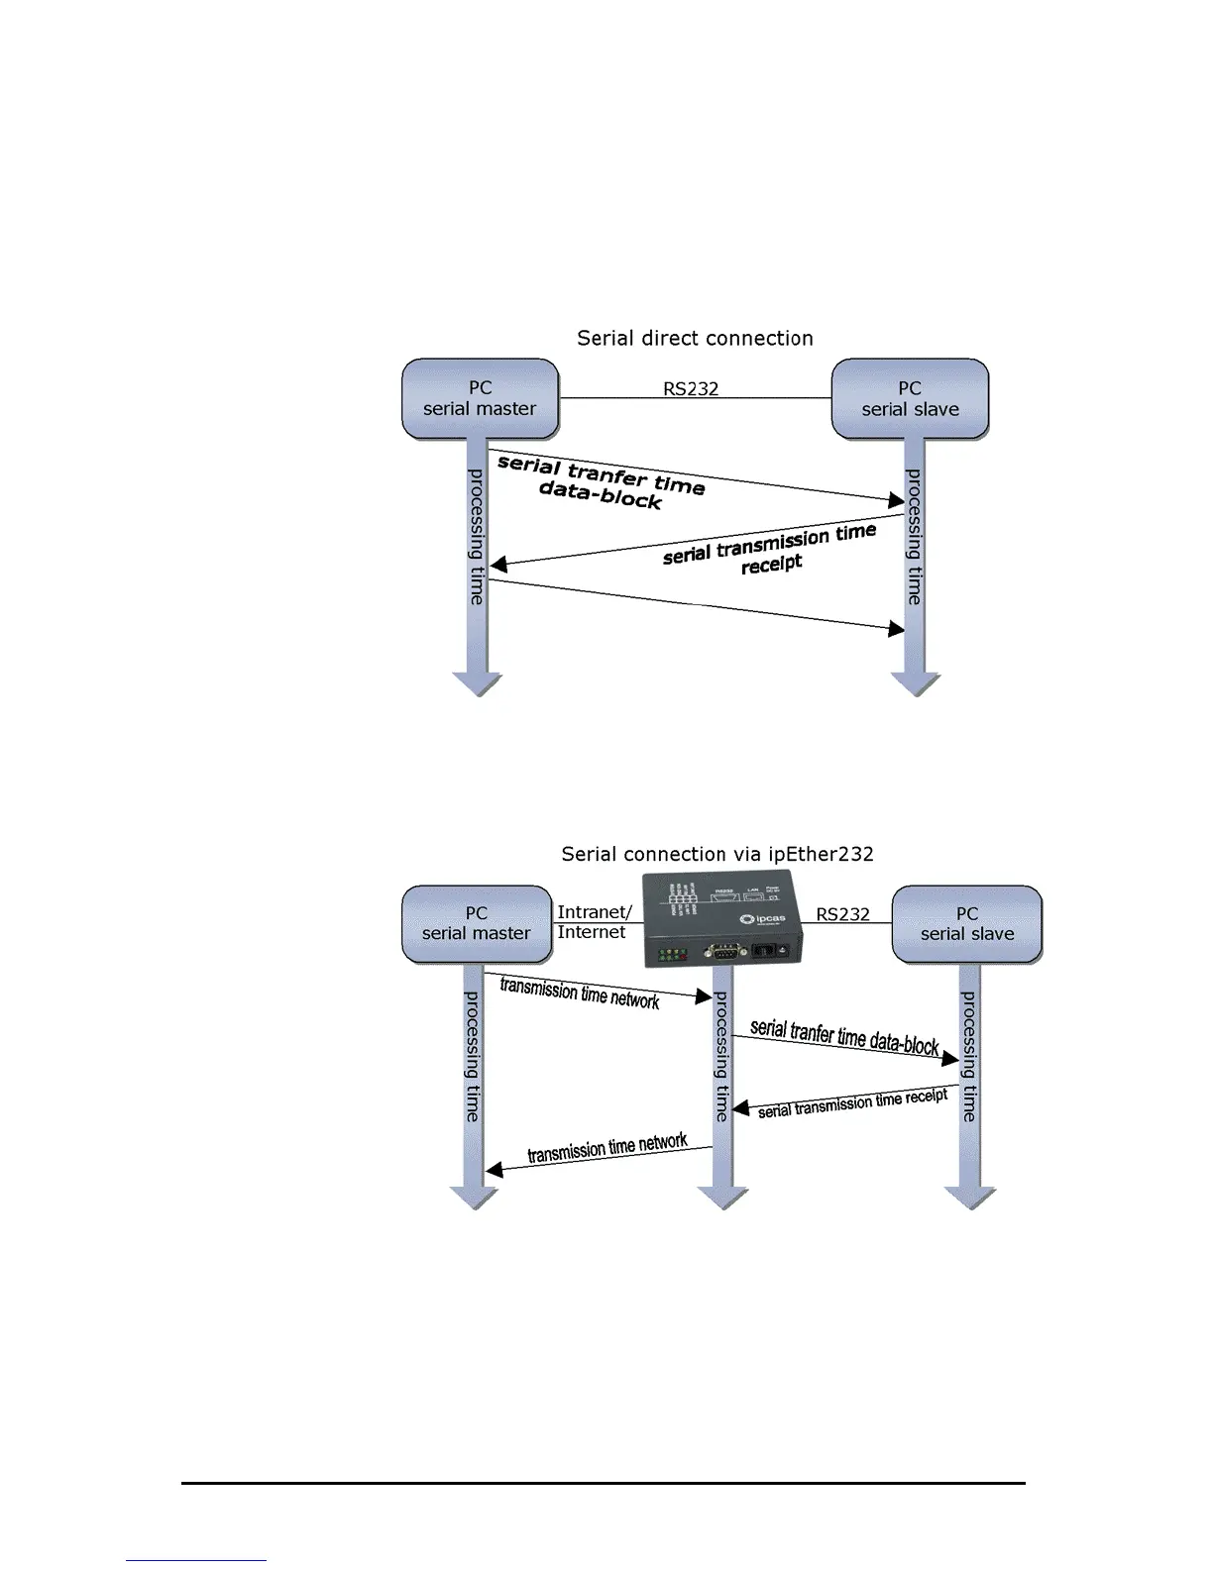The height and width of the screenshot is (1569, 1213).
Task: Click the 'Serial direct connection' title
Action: pos(695,339)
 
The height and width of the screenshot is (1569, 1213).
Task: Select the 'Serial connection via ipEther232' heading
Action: pos(717,854)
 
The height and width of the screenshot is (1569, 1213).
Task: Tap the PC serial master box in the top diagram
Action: pos(481,398)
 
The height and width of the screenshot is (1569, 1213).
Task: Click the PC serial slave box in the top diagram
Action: pos(910,398)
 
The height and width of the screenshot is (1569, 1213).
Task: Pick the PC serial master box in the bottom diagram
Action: pos(477,924)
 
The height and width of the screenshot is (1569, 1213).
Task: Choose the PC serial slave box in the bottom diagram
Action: pos(967,924)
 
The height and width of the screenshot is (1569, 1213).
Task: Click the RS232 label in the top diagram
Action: pos(691,388)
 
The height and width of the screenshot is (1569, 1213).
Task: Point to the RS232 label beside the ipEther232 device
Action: pos(842,914)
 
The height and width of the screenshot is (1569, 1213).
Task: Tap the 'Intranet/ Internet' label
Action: pos(594,922)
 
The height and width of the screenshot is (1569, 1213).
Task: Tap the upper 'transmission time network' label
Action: pos(580,993)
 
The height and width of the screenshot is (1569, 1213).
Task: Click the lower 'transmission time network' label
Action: pos(607,1148)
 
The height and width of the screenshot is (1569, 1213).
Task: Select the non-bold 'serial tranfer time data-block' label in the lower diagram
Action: pos(844,1036)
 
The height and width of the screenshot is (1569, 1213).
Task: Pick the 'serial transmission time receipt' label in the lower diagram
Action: pos(852,1103)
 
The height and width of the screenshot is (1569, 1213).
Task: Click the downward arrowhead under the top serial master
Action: pos(478,683)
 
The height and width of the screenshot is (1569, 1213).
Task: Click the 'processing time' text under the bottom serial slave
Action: pos(969,1057)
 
